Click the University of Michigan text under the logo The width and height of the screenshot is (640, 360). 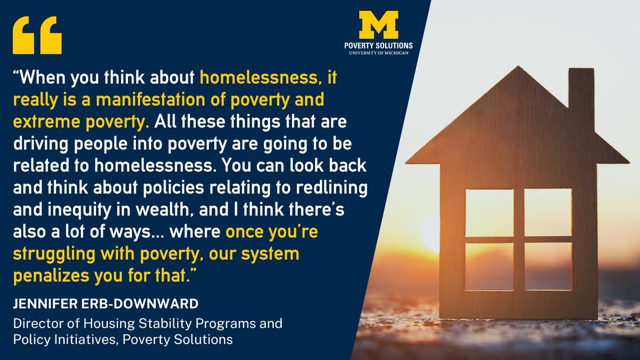pyautogui.click(x=379, y=53)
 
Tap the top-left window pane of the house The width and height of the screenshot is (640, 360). pyautogui.click(x=490, y=212)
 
